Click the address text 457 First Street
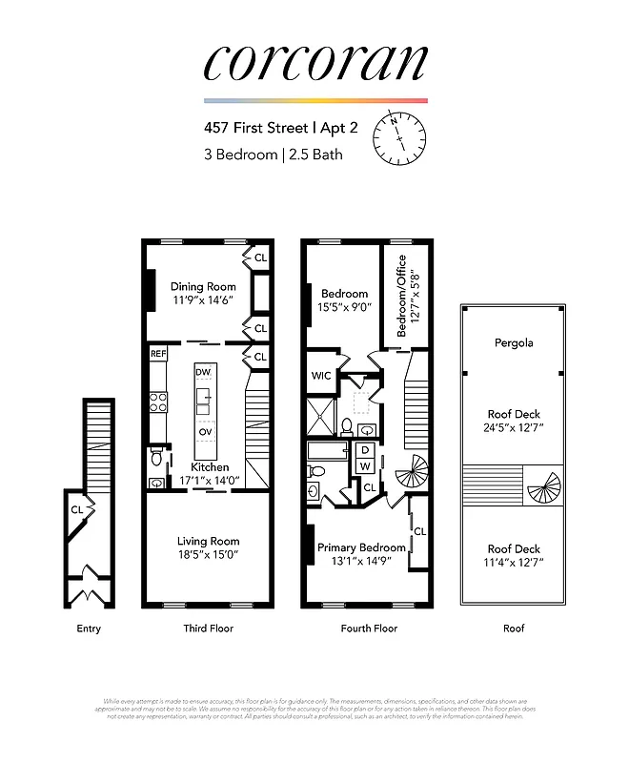point(274,126)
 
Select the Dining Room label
point(202,286)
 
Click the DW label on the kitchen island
point(203,371)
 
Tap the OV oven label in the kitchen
point(205,431)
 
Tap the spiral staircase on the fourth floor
point(413,470)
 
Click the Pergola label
point(514,342)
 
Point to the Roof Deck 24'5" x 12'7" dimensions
point(514,427)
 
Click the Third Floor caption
point(208,629)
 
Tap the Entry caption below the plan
point(89,629)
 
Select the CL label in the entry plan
point(76,510)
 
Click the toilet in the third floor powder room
point(156,460)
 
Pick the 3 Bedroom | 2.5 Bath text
point(272,154)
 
